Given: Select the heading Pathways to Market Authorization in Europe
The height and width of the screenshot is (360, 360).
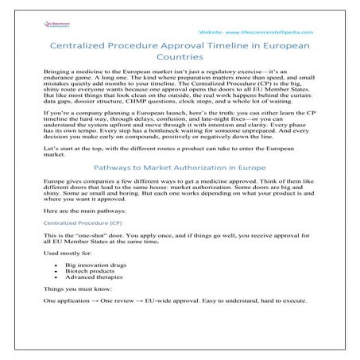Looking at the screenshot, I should pos(180,190).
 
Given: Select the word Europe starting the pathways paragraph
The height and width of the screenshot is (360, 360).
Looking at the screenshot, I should pos(52,204).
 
